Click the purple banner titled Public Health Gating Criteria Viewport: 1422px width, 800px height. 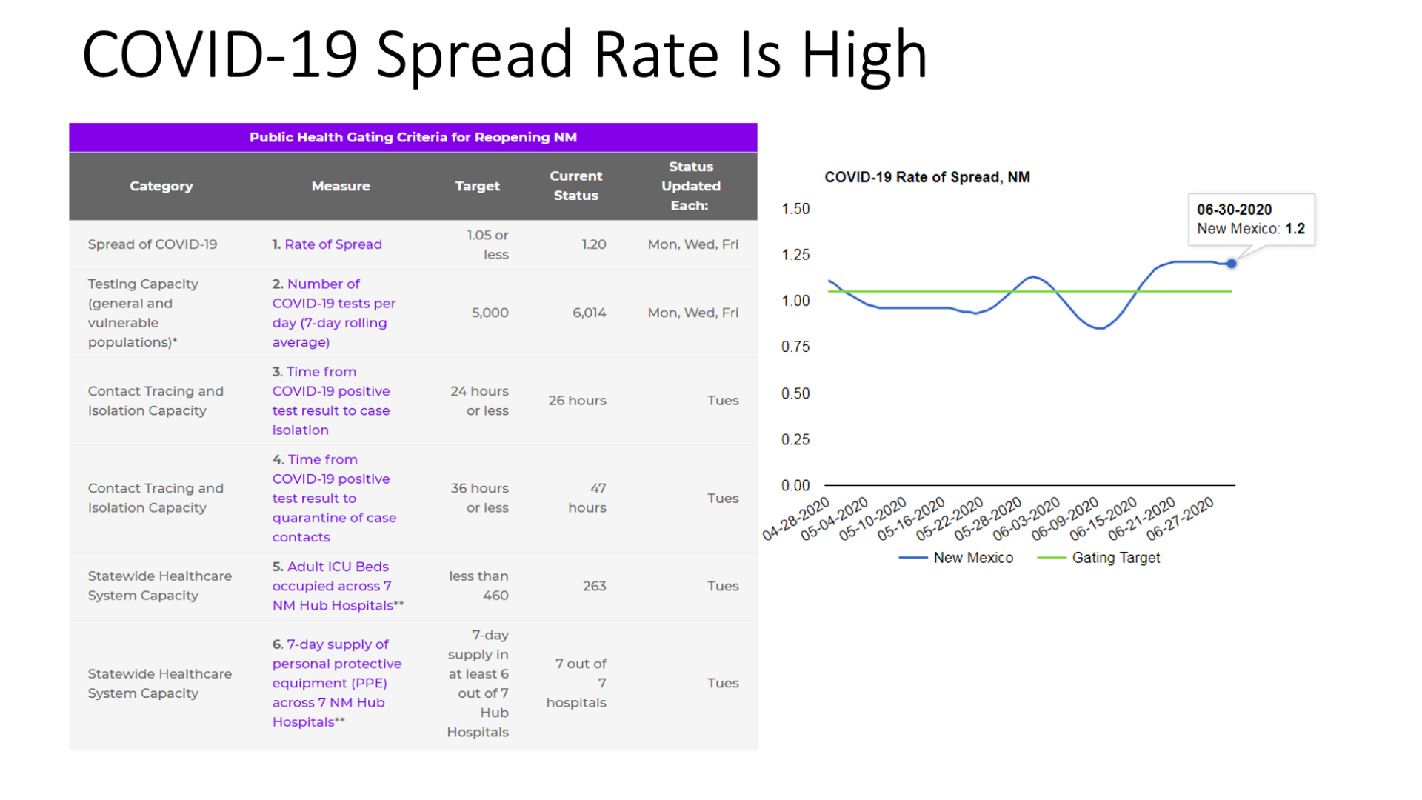[413, 137]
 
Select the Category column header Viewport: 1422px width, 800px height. [161, 186]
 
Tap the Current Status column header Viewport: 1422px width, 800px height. [576, 185]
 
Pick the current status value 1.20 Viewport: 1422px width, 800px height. [594, 244]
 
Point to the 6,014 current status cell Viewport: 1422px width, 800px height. [590, 313]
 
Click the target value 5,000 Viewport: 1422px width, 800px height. [490, 313]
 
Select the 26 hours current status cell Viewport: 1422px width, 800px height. [578, 400]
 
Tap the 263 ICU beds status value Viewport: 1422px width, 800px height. [595, 586]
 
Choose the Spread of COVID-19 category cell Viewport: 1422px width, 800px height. [153, 244]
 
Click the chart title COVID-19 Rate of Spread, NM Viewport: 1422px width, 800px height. [927, 177]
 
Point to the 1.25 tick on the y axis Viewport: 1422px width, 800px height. [795, 255]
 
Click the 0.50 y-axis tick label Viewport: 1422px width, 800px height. [795, 393]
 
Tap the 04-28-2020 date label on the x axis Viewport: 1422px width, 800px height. [797, 519]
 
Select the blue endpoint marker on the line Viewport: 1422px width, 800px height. [1232, 264]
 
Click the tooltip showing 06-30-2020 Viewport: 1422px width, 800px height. [1252, 219]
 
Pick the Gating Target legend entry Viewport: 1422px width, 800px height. [1099, 558]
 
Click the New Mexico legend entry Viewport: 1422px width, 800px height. [956, 558]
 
